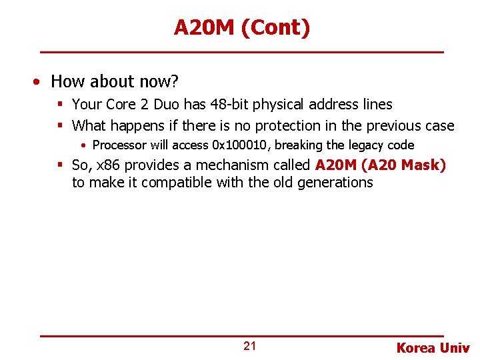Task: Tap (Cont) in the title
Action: [277, 28]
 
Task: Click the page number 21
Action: [249, 346]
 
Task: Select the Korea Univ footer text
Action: [433, 347]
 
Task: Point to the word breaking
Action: [299, 145]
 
